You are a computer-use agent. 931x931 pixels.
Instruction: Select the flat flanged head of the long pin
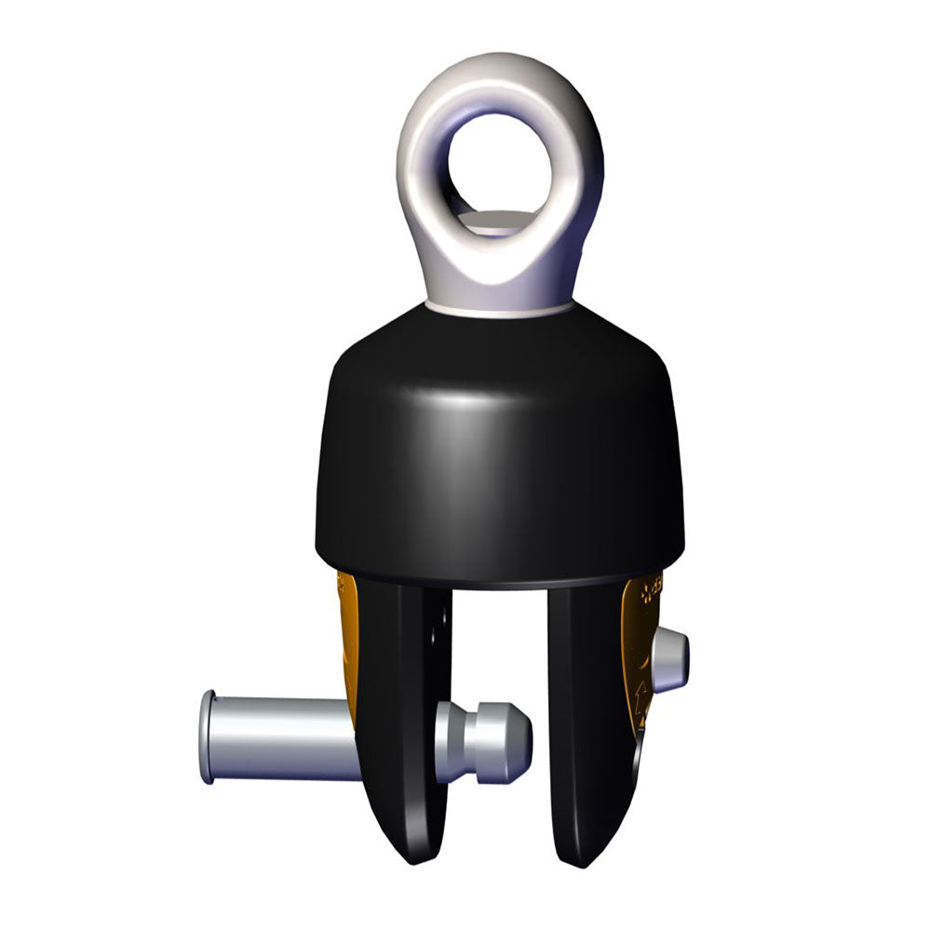207,736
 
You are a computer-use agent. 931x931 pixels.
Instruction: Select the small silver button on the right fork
669,660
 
